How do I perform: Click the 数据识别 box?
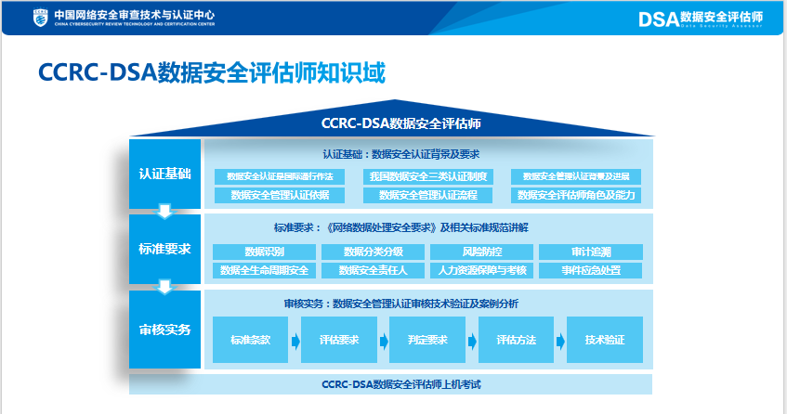265,252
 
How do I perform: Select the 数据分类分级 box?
373,252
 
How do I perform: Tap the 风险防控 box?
481,252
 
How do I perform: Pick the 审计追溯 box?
591,252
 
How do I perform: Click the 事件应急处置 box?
591,270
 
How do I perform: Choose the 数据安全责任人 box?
373,270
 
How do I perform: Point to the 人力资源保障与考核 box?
481,270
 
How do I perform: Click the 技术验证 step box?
606,340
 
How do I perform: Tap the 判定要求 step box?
427,340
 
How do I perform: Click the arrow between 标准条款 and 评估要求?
295,341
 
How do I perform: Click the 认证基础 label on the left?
164,174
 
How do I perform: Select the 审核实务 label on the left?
164,330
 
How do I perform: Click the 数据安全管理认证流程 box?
427,195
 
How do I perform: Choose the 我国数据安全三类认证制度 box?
427,176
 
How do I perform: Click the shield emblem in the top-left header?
39,18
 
